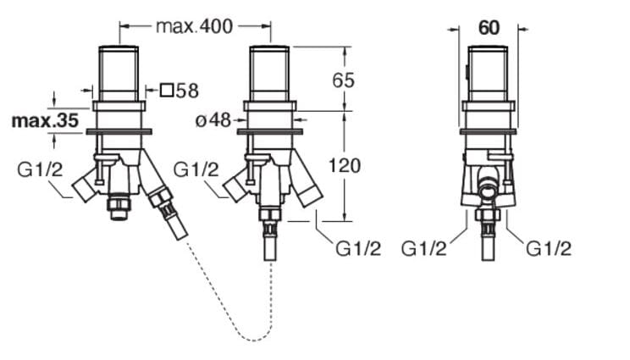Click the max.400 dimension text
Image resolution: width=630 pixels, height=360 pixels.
tap(194, 26)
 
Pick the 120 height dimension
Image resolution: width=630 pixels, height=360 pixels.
tap(344, 165)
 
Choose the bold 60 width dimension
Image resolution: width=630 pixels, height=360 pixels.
tap(489, 27)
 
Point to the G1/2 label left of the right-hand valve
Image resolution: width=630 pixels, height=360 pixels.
tap(424, 248)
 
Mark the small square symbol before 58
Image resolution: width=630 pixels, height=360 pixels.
tap(168, 90)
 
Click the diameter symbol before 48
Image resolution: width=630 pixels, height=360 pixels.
tap(201, 120)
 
